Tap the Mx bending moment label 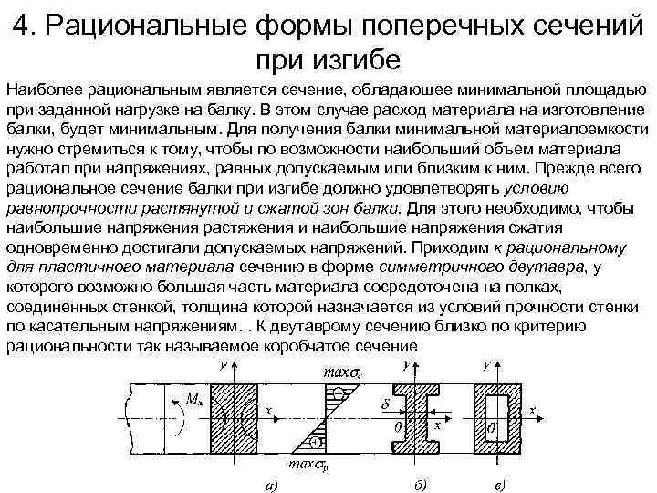(194, 399)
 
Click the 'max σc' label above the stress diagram (332, 372)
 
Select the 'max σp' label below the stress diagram (306, 464)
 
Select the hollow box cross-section (500, 415)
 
